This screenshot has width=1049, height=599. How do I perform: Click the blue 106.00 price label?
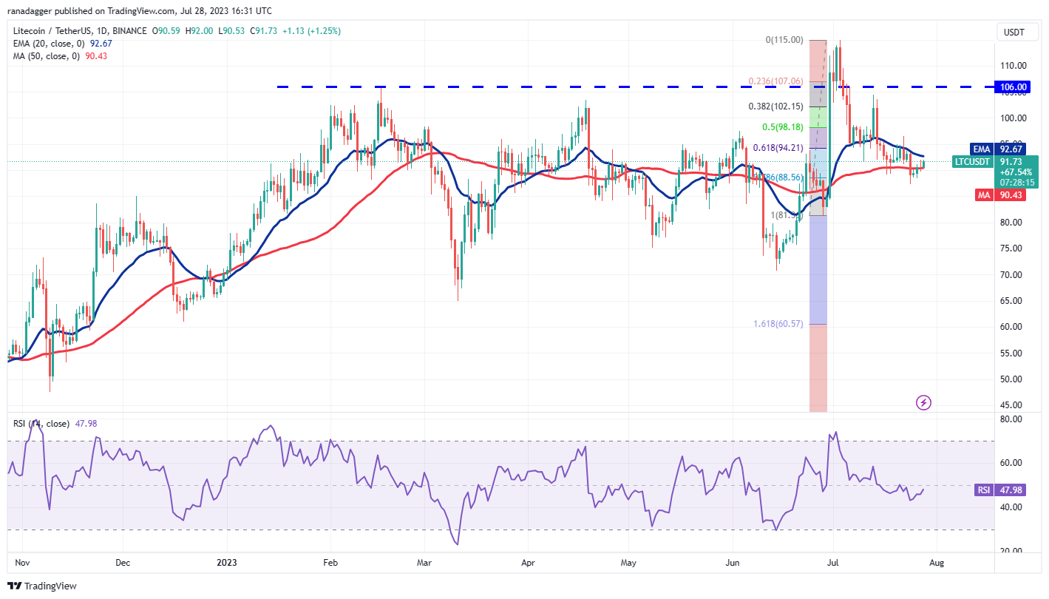(x=1013, y=87)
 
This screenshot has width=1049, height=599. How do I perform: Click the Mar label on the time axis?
(x=425, y=562)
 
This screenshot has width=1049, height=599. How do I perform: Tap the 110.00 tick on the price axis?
(x=1013, y=65)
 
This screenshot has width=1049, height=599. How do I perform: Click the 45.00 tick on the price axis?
(x=1013, y=405)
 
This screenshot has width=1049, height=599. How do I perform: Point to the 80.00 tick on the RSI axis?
(x=1010, y=419)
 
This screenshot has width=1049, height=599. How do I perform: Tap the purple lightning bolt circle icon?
(x=923, y=403)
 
